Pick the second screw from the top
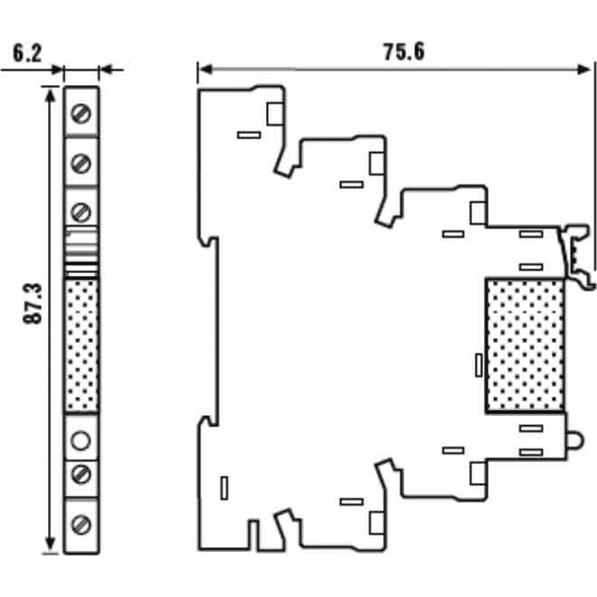pos(81,163)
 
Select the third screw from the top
pos(81,212)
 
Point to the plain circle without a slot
pos(81,441)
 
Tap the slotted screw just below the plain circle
pos(81,473)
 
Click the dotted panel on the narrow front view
pos(81,347)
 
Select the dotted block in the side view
pos(526,346)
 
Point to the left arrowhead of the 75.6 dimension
pos(203,68)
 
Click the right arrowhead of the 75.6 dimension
pos(592,68)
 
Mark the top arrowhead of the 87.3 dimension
pos(48,91)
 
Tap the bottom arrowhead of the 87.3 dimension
pos(48,546)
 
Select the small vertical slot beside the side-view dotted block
pos(478,365)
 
